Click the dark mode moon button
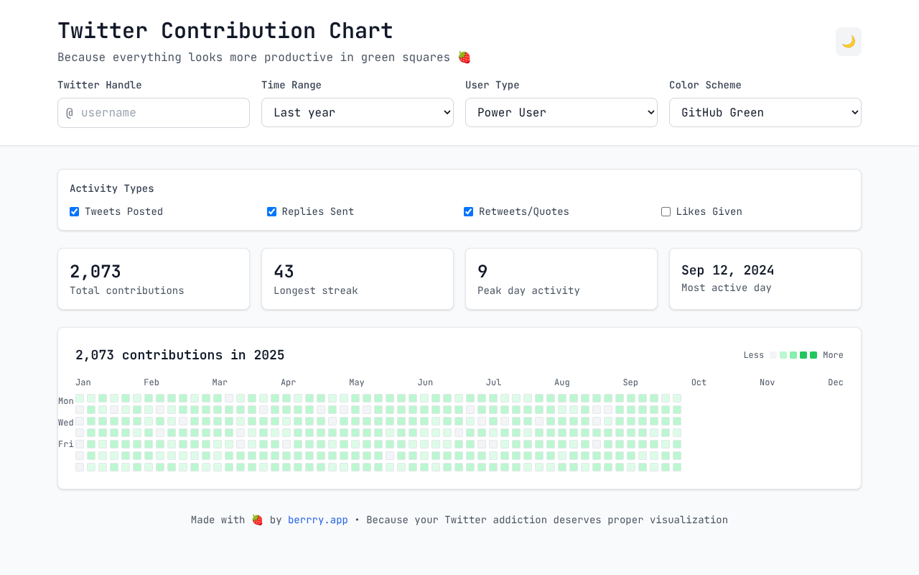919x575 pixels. tap(848, 42)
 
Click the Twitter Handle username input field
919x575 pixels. tap(154, 113)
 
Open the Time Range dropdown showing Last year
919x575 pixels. tap(357, 113)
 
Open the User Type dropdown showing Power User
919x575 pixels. tap(561, 113)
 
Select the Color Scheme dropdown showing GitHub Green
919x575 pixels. tap(765, 113)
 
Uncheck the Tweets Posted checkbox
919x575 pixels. tap(75, 212)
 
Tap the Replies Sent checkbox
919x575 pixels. tap(271, 212)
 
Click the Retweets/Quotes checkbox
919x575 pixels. tap(469, 212)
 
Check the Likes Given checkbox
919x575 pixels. tap(666, 212)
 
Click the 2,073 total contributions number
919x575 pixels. tap(95, 272)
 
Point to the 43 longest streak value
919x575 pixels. tap(284, 272)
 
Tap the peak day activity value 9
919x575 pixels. tap(482, 272)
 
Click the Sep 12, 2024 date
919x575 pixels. tap(727, 270)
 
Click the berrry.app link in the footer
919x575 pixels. tap(317, 520)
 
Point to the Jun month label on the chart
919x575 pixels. tap(425, 382)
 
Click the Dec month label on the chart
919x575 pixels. tap(835, 382)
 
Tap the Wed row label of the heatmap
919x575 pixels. tap(66, 423)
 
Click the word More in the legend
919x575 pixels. tap(833, 355)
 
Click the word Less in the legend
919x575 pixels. tap(753, 355)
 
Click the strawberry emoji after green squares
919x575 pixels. tap(465, 57)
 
